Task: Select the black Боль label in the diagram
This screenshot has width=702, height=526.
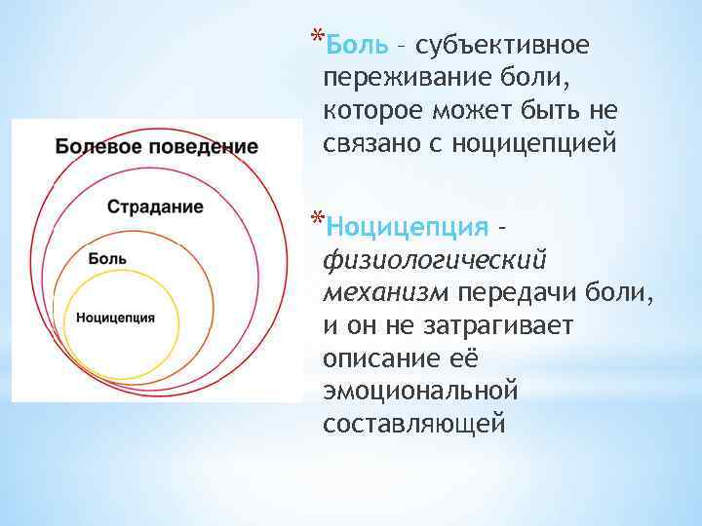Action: pos(106,258)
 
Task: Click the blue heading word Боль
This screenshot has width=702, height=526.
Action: pos(358,45)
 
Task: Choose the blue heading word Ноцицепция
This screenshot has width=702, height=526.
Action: pos(409,227)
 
